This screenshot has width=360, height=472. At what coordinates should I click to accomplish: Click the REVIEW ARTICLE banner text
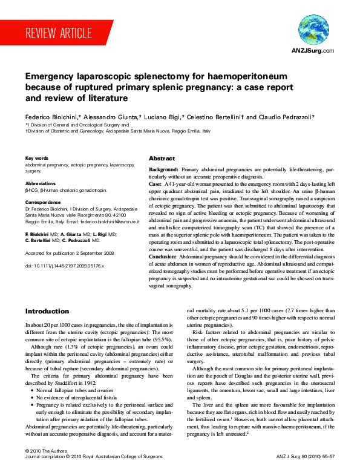coord(59,33)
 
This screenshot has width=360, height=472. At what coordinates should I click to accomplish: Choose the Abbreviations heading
coord(41,183)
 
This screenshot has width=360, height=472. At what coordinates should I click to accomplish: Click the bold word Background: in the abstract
coord(163,171)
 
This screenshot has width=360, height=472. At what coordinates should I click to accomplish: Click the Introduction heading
coord(47,311)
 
